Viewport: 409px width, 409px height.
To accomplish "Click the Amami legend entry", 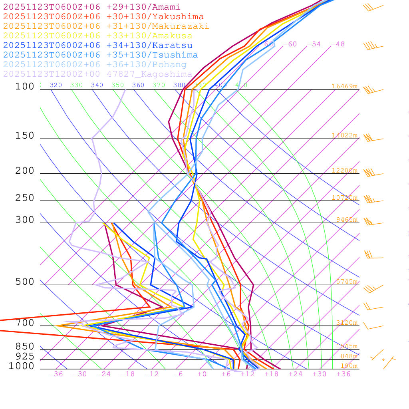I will point(92,7).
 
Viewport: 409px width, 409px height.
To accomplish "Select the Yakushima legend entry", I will point(103,17).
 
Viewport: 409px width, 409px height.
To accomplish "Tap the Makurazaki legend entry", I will point(106,26).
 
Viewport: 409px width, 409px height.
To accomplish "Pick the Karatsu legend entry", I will point(98,46).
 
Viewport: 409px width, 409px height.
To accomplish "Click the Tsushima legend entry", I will point(101,55).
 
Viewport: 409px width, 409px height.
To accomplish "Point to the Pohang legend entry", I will point(95,65).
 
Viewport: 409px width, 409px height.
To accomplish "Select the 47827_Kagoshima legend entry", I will point(98,74).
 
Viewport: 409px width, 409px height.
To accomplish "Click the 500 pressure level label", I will point(25,282).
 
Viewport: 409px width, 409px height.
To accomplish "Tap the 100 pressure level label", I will point(25,86).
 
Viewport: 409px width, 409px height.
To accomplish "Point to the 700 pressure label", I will point(25,323).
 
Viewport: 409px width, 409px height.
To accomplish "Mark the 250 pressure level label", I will point(25,198).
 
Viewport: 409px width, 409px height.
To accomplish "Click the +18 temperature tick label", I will point(272,374).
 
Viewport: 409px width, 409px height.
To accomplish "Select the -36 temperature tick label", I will point(56,374).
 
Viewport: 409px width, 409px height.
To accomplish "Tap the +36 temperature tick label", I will point(343,374).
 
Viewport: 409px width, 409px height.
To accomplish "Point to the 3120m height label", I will point(347,323).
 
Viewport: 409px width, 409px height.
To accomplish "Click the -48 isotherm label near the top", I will point(338,44).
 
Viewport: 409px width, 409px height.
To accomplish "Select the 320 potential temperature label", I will point(56,85).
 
